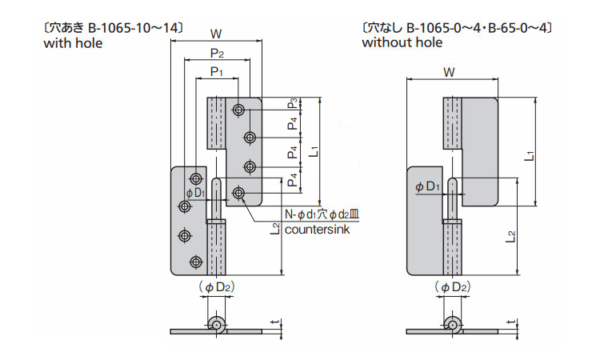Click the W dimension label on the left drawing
coord(216,34)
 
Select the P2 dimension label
coord(217,53)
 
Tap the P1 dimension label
coord(216,72)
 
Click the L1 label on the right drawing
coord(529,154)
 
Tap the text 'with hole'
coord(73,43)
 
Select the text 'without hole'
coord(402,43)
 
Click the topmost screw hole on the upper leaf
coord(240,110)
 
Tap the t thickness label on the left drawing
coord(274,324)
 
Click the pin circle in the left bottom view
coord(214,324)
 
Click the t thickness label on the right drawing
coord(510,324)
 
